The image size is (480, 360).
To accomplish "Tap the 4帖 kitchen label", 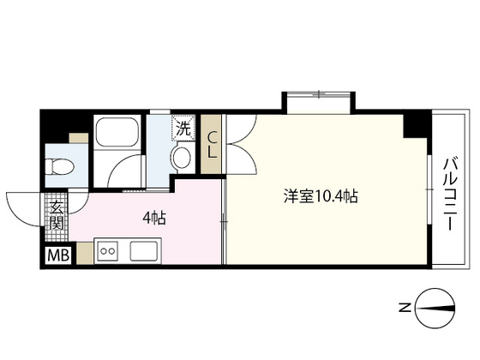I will tap(153, 218).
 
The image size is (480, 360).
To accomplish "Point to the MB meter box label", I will tap(56, 255).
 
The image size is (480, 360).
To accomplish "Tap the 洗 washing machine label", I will tap(183, 129).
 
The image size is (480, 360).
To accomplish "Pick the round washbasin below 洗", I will tap(181, 158).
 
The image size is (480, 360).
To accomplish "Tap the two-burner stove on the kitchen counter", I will tap(109, 251).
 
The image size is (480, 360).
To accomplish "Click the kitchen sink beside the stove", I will tap(142, 251).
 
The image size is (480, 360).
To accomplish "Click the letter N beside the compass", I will tap(404, 307).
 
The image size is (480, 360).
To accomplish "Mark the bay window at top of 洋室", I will tap(317, 100).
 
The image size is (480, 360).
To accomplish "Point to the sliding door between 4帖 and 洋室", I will tap(223, 223).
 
